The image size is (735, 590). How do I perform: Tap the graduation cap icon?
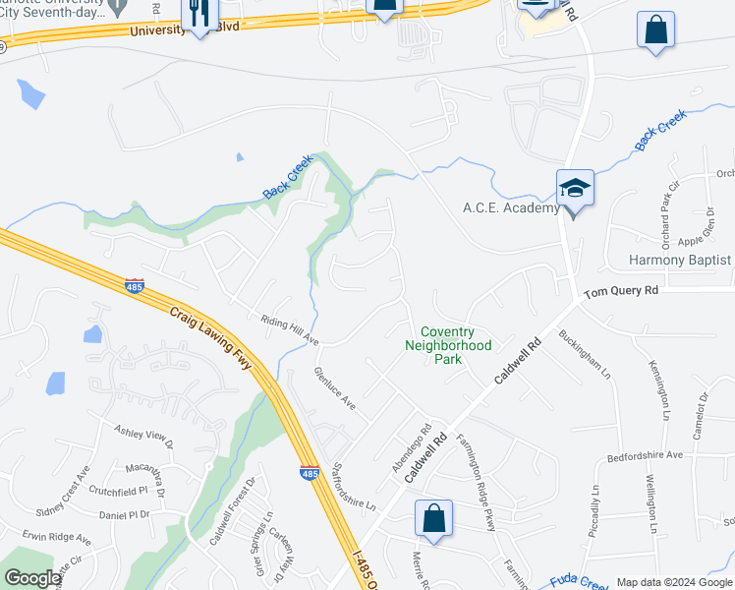[575, 188]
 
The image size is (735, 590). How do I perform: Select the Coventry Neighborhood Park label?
[448, 345]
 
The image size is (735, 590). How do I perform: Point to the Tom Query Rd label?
[621, 291]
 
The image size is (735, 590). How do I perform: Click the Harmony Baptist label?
[680, 260]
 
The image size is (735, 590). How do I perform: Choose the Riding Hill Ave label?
[290, 328]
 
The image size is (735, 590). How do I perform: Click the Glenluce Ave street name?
[333, 388]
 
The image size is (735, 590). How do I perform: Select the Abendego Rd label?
[413, 447]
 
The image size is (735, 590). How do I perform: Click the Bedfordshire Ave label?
[645, 455]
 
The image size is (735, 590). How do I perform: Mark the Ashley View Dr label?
[143, 433]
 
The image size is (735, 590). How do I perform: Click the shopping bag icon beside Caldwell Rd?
[433, 517]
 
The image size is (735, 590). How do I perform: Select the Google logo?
[32, 578]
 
